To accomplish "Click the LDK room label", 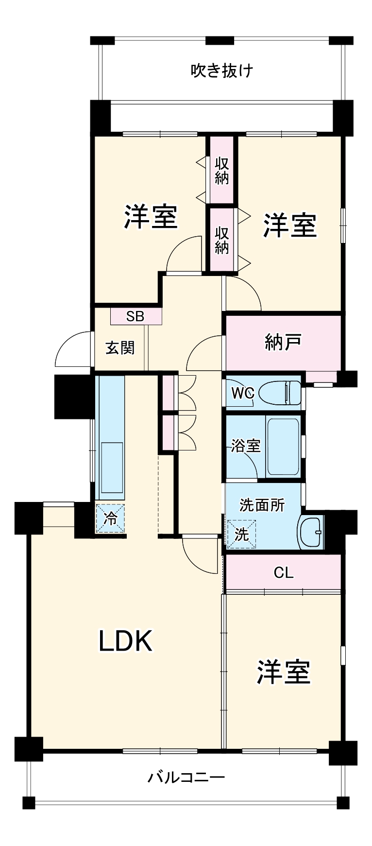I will point(126,640).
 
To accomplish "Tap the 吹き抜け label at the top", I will point(221,71).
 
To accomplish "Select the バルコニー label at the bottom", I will point(186,777).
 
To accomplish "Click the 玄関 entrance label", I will point(120,348).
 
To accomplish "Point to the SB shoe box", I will point(135,316).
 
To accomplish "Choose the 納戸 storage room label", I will point(283,342).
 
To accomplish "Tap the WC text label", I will point(242,393).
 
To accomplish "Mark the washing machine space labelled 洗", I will point(242,535).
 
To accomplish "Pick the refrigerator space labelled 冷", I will point(111,518).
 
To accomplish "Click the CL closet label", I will point(284,572).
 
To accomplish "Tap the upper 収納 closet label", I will point(222,171).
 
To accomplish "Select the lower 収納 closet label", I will point(222,240).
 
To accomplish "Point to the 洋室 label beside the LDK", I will point(283,672).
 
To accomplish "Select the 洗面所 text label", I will point(262,505).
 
